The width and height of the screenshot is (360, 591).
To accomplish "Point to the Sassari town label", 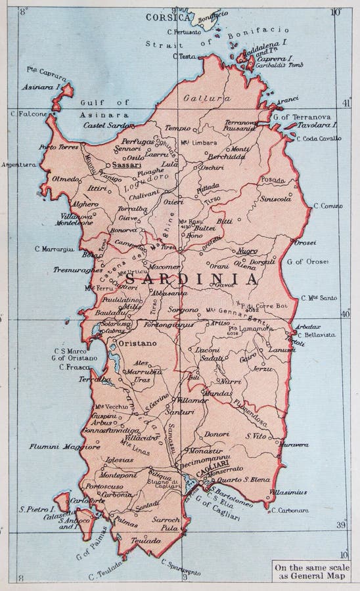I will (x=124, y=166).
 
